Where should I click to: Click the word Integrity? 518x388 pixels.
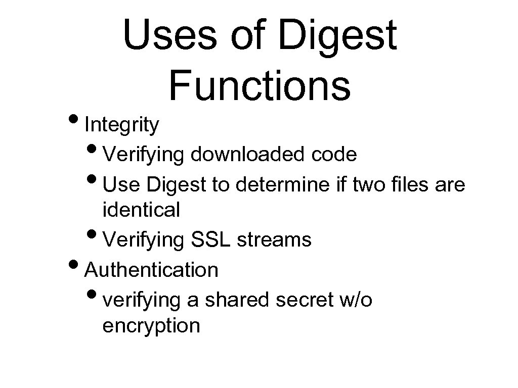(122, 125)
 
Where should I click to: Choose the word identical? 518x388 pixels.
(141, 210)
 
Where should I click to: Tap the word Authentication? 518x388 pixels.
(152, 270)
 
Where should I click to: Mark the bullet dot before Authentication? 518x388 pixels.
(78, 266)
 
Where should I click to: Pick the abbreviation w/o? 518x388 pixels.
(354, 300)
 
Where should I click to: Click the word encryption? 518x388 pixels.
(151, 326)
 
